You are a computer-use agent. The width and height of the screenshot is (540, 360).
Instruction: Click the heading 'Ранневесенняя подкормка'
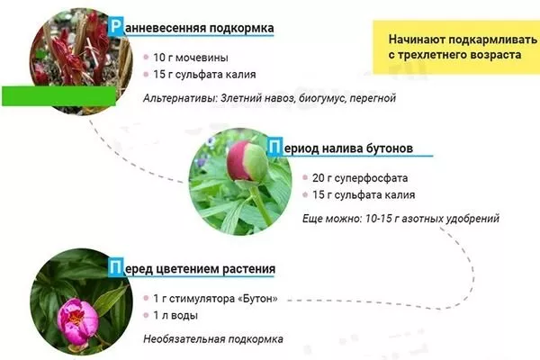pyautogui.click(x=193, y=29)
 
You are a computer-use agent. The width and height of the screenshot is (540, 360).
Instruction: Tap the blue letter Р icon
pyautogui.click(x=112, y=29)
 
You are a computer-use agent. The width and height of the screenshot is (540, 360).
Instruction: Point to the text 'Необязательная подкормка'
pyautogui.click(x=213, y=339)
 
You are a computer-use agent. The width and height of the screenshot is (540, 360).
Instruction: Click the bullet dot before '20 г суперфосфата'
pyautogui.click(x=305, y=177)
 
